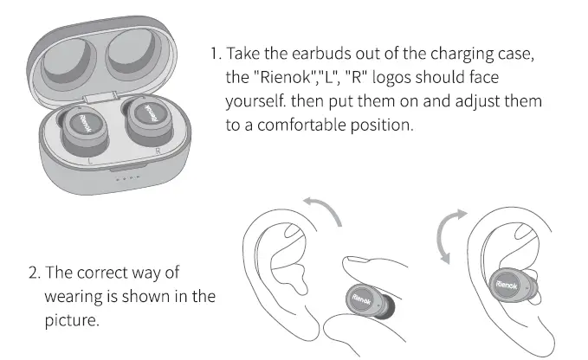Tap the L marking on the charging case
click(90, 160)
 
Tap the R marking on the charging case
click(156, 149)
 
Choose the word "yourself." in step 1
click(255, 102)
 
